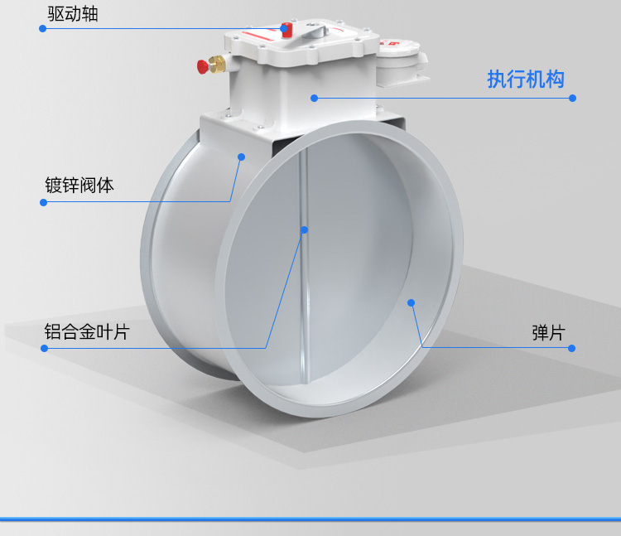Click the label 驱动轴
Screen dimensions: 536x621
[72, 12]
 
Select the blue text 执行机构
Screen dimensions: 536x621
[526, 80]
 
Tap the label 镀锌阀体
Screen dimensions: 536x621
[79, 185]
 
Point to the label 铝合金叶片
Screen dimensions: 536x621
[87, 332]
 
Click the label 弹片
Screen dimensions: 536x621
[547, 332]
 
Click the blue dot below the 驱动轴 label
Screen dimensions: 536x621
[43, 28]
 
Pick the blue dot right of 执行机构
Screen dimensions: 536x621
[573, 98]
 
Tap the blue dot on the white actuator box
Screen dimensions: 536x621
[315, 98]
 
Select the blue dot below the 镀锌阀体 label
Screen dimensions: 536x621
[43, 201]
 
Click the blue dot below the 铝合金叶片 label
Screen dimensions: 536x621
[44, 348]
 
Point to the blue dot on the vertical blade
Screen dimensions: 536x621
[304, 229]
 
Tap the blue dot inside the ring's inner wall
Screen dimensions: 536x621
[412, 303]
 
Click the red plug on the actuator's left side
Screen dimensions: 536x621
[202, 65]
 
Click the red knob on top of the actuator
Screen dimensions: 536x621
[286, 29]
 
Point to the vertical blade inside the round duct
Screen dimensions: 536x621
[305, 282]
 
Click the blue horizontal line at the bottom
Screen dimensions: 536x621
[310, 519]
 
